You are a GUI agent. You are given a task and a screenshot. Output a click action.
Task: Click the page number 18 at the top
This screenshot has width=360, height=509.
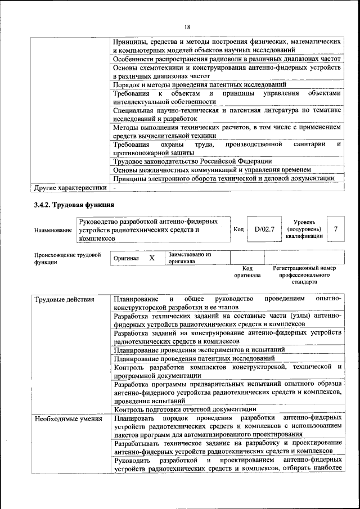[187, 27]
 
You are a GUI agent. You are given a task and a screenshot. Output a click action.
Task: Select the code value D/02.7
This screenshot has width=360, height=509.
[264, 229]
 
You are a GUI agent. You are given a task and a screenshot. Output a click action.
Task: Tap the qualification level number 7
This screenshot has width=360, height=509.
[335, 229]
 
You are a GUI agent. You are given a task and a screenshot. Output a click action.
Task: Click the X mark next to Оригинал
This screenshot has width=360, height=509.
[151, 258]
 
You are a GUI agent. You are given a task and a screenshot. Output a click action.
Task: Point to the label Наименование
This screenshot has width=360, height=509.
[53, 230]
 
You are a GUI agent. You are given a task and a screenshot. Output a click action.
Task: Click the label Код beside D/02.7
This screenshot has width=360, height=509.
[238, 229]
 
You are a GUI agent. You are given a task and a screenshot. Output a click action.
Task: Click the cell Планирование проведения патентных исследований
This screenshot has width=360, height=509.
[194, 358]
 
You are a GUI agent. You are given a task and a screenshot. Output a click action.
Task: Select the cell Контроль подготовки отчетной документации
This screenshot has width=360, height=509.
[185, 409]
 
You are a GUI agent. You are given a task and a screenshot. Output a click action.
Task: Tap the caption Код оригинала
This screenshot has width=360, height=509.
[247, 272]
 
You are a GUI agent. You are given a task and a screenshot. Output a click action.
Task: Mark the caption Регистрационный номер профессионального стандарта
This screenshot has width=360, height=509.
[304, 275]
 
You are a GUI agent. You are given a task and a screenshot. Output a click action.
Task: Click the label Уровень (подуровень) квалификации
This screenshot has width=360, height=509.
[304, 229]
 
